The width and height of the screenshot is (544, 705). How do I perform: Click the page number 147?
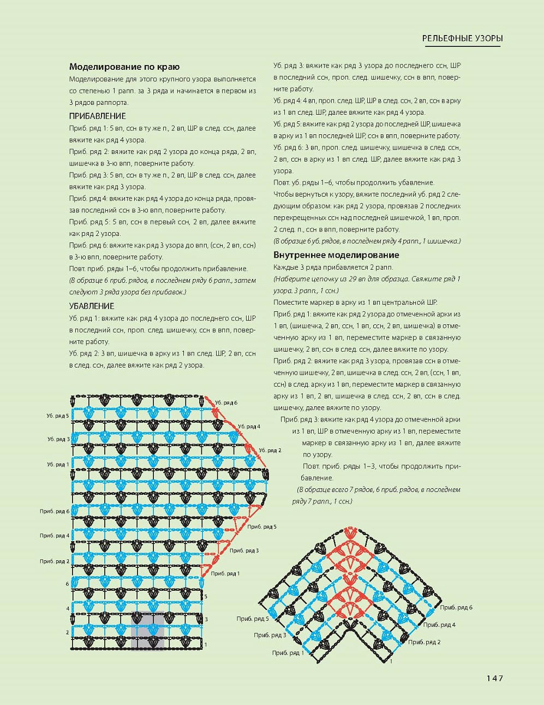coord(494,678)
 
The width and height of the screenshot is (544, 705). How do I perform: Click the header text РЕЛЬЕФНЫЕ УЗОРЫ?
coord(462,39)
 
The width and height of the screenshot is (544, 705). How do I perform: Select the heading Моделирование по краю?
coord(124,67)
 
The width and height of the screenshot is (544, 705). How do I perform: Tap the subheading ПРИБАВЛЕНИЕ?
coord(98,116)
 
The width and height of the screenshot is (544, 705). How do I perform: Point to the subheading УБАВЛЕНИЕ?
coord(92,306)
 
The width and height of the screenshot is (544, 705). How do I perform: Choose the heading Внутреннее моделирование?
coord(336,255)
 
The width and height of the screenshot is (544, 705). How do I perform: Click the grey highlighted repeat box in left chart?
coord(147,631)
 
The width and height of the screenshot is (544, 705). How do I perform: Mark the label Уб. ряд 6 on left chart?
coord(226,402)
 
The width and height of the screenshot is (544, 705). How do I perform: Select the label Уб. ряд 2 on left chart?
coord(270,450)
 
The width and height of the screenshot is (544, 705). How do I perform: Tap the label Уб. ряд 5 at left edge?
coord(58,416)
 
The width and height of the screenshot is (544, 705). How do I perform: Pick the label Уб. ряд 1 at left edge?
coord(58,465)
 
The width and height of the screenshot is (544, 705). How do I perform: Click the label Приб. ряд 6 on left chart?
coord(55,511)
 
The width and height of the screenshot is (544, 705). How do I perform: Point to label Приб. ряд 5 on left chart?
coord(262,526)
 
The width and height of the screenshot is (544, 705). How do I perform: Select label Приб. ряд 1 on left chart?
coord(225,573)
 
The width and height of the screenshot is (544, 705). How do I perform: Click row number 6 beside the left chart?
coord(68,584)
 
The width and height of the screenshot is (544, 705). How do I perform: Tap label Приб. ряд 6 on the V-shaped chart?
coord(456,607)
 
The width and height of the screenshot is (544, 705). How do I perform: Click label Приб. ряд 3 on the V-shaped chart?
coord(270,635)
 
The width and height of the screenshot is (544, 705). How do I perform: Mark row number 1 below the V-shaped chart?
coord(391,661)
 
